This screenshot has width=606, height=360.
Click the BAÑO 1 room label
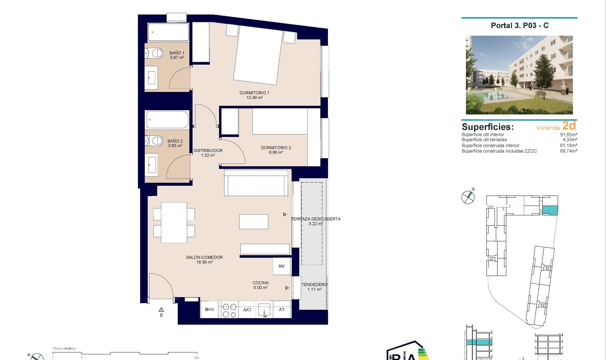pos(177,53)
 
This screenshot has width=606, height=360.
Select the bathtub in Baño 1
pos(168,32)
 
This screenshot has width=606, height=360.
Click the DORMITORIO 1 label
pos(254,93)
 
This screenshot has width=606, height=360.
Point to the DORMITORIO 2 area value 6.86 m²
pos(276,153)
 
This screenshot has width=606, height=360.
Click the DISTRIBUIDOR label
pos(208,151)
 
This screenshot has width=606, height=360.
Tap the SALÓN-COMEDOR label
pos(204,257)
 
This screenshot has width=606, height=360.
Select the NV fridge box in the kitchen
pos(282,266)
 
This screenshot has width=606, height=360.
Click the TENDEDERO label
pos(314,285)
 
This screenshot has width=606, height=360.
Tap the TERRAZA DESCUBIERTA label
pos(316,219)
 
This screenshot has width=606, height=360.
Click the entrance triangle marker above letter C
pos(161,310)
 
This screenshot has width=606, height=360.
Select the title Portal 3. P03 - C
pos(520,26)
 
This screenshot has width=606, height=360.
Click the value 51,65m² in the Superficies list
pos(568,135)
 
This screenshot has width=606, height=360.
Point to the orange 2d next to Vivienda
pos(569,126)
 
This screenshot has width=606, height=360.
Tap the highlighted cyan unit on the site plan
pos(550,210)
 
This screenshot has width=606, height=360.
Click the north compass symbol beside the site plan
pos(468,197)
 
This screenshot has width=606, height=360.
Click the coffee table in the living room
pos(254,222)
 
